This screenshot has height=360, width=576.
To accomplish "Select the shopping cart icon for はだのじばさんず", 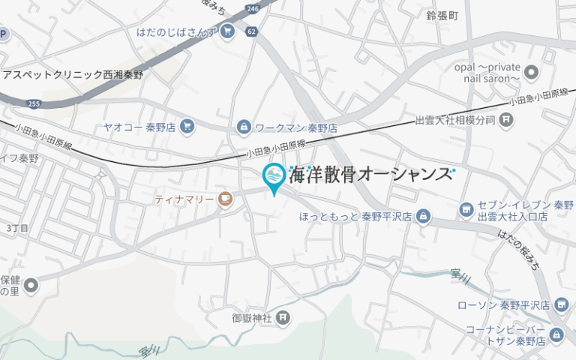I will pyautogui.click(x=228, y=31).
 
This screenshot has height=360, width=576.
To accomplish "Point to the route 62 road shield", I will pyautogui.click(x=250, y=32).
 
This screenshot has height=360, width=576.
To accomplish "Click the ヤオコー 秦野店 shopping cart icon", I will pyautogui.click(x=187, y=127).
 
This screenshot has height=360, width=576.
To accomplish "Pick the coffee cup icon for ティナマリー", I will pyautogui.click(x=224, y=199).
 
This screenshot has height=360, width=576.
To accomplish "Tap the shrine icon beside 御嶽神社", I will pyautogui.click(x=282, y=318).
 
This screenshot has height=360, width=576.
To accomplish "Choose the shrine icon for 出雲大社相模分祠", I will pyautogui.click(x=507, y=119).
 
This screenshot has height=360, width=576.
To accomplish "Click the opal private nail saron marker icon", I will pyautogui.click(x=532, y=73).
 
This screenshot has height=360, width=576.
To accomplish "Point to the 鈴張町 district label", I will pyautogui.click(x=442, y=15).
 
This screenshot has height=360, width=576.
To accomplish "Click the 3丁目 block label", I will pyautogui.click(x=16, y=227).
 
